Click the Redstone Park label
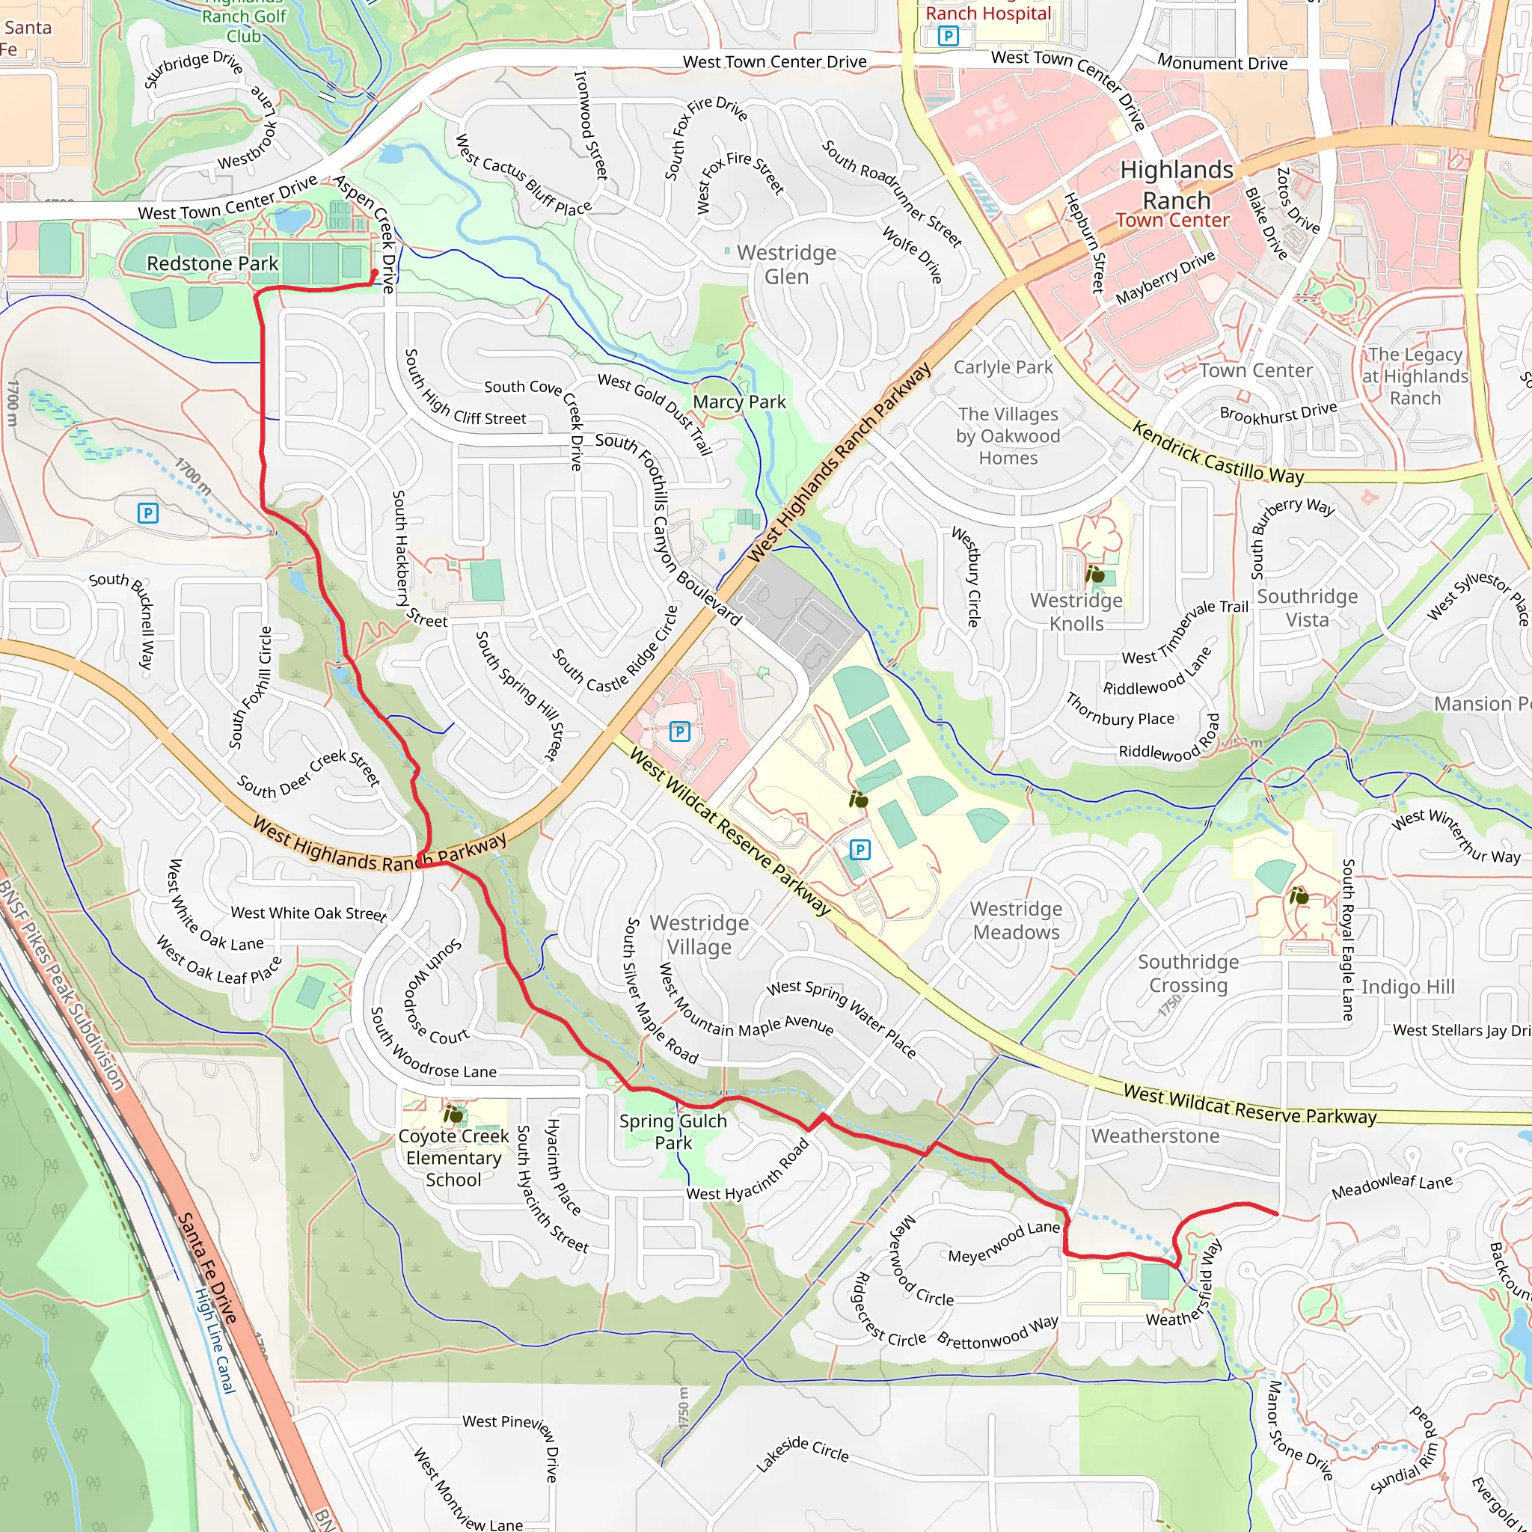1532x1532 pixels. point(212,263)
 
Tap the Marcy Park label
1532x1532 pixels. point(739,402)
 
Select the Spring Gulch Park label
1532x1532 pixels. point(672,1132)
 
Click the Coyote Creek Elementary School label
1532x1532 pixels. point(453,1158)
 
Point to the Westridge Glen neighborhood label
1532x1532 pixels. point(786,265)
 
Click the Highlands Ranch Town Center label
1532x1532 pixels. point(1176,194)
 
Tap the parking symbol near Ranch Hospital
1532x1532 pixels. point(948,36)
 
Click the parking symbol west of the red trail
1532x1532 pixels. point(147,513)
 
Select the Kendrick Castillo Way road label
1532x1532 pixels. point(1217,453)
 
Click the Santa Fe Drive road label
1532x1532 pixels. point(206,1268)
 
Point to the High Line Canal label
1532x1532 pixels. point(215,1340)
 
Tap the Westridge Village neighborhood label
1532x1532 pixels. point(699,935)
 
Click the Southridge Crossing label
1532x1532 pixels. point(1188,974)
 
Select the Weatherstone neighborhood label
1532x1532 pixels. point(1154,1136)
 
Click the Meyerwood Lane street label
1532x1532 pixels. point(1004,1243)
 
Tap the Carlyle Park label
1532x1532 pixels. point(1002,367)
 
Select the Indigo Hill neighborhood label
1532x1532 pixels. point(1408,987)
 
